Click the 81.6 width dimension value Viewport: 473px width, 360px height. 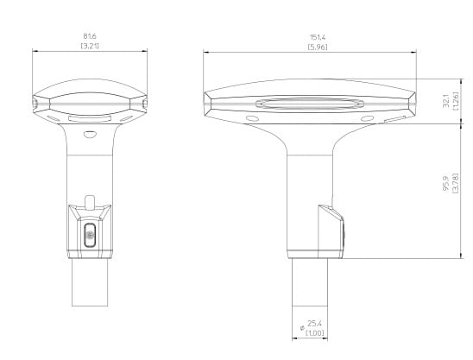pyautogui.click(x=90, y=36)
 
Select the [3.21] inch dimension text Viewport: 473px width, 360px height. pyautogui.click(x=90, y=46)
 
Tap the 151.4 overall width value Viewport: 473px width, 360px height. pyautogui.click(x=318, y=37)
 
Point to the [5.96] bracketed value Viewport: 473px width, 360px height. pyautogui.click(x=318, y=47)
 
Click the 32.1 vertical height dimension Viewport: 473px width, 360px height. pyautogui.click(x=446, y=100)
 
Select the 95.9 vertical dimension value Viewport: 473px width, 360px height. pyautogui.click(x=446, y=183)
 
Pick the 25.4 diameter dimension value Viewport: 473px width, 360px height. pyautogui.click(x=315, y=324)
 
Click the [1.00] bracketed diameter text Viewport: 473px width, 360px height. pyautogui.click(x=315, y=333)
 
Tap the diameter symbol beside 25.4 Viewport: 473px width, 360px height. pyautogui.click(x=302, y=328)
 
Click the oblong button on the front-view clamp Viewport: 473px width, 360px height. pyautogui.click(x=90, y=235)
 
